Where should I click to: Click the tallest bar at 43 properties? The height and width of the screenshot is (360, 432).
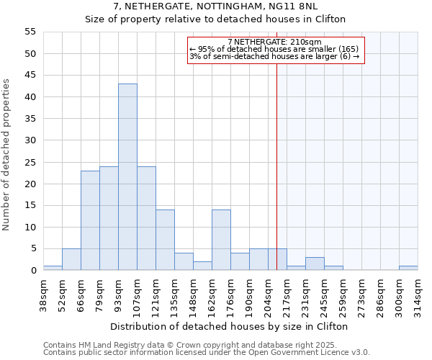127,177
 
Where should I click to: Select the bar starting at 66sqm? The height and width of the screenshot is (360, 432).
90,220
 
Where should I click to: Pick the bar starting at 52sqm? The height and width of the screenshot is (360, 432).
71,259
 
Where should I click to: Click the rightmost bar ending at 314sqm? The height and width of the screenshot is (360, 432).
408,268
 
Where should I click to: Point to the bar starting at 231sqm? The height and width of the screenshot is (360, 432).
315,264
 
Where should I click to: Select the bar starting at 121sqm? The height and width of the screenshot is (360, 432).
165,240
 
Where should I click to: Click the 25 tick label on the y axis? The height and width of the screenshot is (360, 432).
30,162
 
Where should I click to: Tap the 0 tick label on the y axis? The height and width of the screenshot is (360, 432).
33,271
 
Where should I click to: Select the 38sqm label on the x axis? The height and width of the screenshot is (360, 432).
43,294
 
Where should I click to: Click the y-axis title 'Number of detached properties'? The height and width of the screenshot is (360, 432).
7,155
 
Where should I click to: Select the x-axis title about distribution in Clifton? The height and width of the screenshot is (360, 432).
230,326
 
